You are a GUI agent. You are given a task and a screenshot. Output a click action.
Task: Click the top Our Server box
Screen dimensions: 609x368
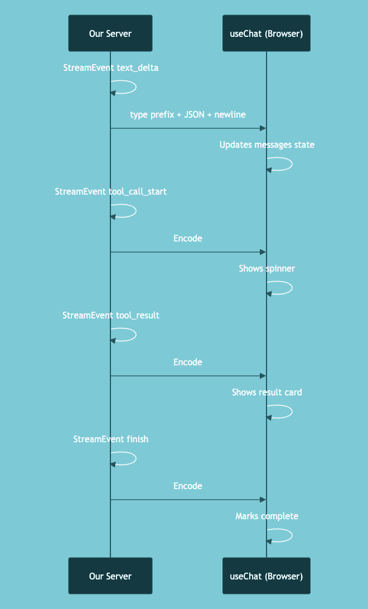(110, 33)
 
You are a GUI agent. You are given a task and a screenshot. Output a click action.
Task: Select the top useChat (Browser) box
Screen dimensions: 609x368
(266, 33)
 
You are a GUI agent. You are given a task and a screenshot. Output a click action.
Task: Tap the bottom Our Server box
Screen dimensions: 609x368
(110, 576)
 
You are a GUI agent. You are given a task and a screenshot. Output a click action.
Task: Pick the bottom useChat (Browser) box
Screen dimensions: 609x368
(266, 576)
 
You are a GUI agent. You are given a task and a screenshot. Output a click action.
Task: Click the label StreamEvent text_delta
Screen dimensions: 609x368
(110, 68)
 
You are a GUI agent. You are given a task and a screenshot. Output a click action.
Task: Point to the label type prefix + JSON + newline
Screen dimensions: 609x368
(188, 114)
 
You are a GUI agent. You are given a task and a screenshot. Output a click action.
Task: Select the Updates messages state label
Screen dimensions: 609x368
(267, 145)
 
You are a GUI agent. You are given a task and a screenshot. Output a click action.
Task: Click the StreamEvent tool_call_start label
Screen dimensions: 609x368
(110, 192)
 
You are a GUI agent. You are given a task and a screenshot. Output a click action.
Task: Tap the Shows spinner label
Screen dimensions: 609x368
(267, 269)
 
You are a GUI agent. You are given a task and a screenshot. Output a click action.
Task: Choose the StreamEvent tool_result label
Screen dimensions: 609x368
(110, 316)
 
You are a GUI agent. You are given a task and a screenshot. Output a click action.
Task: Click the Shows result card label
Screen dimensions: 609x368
(267, 393)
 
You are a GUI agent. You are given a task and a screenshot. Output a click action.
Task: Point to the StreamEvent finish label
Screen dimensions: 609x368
(110, 439)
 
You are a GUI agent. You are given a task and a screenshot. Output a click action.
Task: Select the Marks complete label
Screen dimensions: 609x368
(267, 516)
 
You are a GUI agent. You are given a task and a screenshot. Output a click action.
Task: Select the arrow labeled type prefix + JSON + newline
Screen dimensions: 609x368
(188, 128)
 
